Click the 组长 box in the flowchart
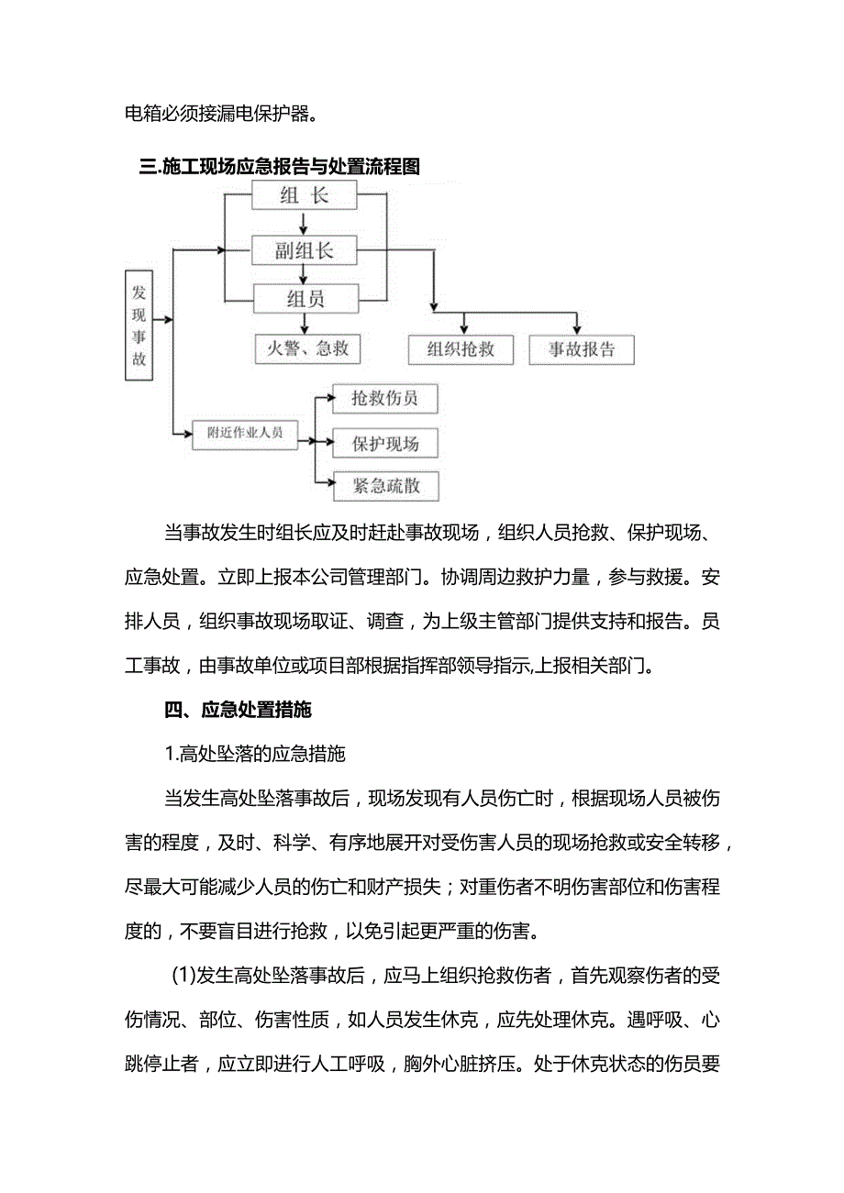304,195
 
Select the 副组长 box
304,249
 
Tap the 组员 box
304,298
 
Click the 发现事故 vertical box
139,326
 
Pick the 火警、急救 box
307,348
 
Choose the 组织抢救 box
461,349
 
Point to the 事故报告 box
582,349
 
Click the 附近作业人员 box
246,433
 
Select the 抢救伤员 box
384,399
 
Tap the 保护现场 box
384,444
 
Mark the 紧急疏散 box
384,486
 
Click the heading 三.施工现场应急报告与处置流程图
279,167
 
